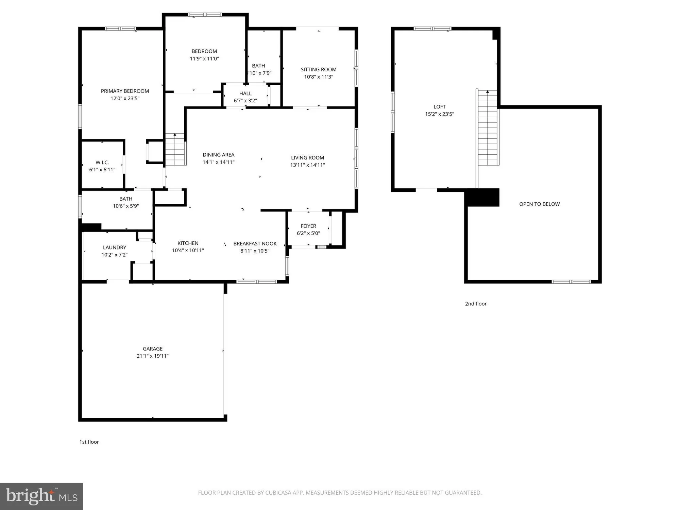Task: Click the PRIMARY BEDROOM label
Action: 125,91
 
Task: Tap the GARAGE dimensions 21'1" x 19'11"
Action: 153,356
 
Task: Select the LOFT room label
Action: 439,107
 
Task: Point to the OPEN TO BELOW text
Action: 539,204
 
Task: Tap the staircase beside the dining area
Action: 175,150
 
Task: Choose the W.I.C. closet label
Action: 102,163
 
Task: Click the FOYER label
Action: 308,226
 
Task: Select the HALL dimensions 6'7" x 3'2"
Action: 245,101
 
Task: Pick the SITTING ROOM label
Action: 318,69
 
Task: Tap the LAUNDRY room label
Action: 115,248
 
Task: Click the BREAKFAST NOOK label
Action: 255,243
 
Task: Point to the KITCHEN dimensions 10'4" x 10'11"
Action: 188,251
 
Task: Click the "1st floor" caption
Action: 89,442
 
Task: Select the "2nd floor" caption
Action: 476,304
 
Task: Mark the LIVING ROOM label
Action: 307,158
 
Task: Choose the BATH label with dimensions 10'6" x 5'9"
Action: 126,199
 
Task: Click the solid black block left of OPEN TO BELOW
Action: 482,198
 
